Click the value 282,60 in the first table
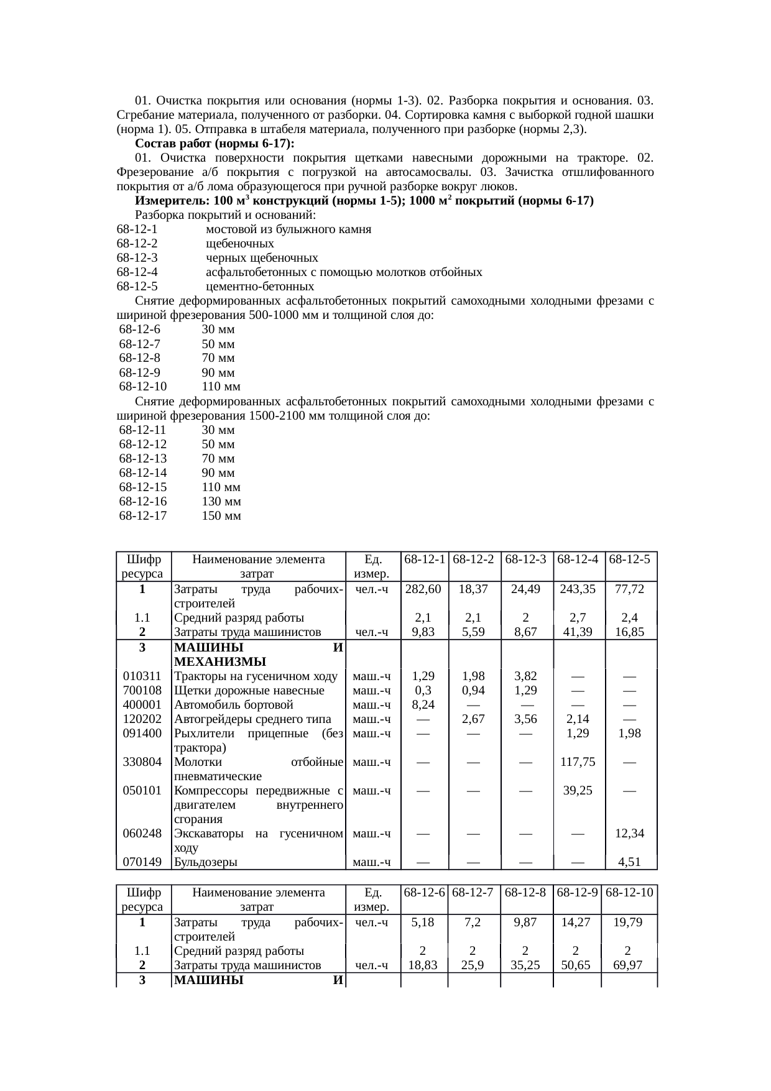point(423,589)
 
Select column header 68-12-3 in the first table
point(526,559)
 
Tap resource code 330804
point(142,762)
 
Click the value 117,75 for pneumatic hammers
point(578,762)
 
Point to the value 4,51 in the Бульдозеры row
point(629,862)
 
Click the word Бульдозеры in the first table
point(205,862)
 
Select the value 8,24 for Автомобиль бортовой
point(423,705)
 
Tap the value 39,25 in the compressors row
point(578,791)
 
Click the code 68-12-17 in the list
point(143,516)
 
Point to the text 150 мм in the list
point(221,516)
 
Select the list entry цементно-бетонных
point(260,287)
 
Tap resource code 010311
point(142,676)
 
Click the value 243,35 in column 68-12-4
point(578,589)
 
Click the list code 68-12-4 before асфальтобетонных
point(137,273)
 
